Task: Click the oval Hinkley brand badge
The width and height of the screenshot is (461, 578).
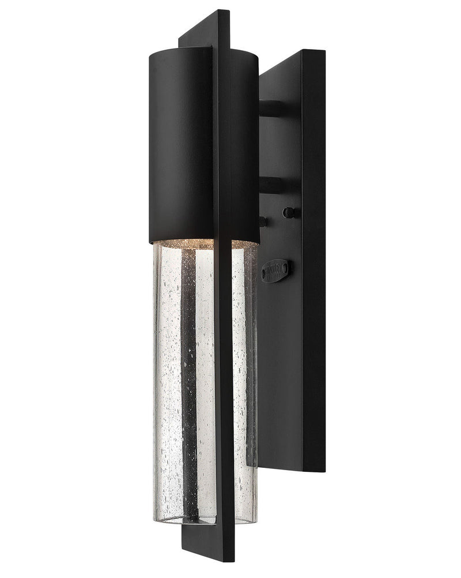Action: [275, 269]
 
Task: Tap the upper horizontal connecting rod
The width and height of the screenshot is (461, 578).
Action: [272, 108]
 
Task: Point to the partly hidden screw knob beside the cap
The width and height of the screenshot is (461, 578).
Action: [263, 220]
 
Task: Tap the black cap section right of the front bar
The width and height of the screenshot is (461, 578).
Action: [244, 144]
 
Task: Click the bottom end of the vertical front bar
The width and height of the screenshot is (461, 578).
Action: [225, 560]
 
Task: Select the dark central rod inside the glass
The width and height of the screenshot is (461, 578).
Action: [189, 375]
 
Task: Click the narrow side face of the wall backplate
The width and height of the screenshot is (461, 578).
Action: [313, 260]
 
